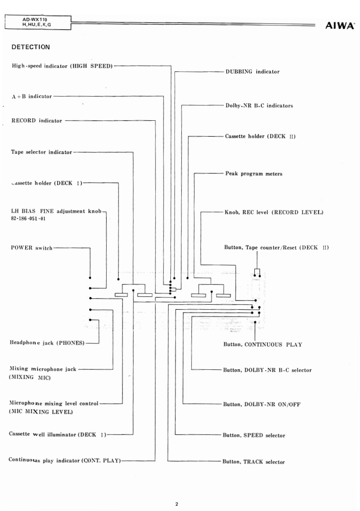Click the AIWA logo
(x=341, y=26)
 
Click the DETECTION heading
(x=31, y=46)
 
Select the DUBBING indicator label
(x=252, y=72)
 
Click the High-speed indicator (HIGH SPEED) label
(x=62, y=66)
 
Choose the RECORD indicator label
(x=36, y=121)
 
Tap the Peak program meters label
(x=254, y=174)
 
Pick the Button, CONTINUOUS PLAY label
(x=262, y=345)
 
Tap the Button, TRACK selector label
(x=253, y=462)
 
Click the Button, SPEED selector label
(x=254, y=435)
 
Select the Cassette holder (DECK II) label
(x=260, y=136)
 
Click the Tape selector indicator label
(x=41, y=152)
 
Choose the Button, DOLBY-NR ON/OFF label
(x=262, y=404)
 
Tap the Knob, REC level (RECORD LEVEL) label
(x=274, y=212)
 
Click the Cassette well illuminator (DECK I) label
(x=57, y=434)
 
